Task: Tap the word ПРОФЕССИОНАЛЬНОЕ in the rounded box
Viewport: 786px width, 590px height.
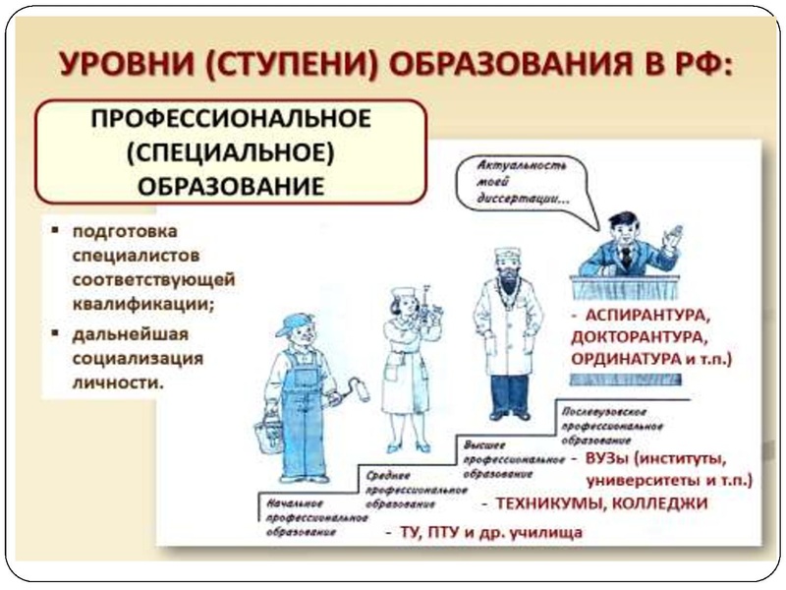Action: [231, 119]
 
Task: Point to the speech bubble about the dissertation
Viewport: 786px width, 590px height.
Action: [517, 181]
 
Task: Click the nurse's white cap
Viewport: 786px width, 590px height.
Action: [404, 293]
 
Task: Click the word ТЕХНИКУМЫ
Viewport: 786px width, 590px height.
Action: [546, 503]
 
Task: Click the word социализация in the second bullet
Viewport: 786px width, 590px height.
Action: [136, 357]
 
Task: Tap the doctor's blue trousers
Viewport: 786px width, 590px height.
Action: [508, 394]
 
